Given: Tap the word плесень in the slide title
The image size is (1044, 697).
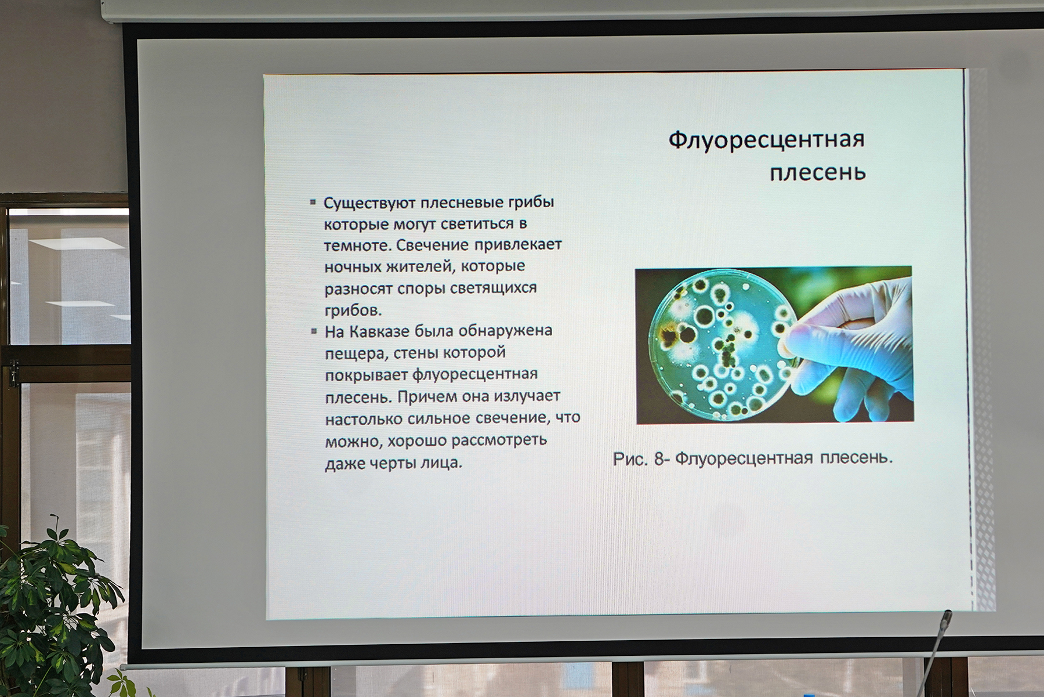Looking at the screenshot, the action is (818, 172).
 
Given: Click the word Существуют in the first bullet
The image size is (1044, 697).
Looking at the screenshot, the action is (369, 204).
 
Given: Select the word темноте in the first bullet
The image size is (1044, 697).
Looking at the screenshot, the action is (357, 245).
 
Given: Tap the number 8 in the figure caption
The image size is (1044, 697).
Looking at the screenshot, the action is (659, 458).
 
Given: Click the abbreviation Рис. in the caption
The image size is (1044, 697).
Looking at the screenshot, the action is (630, 459).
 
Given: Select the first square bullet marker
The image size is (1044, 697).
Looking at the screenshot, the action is (313, 203).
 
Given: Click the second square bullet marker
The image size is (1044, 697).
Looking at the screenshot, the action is (314, 331).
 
